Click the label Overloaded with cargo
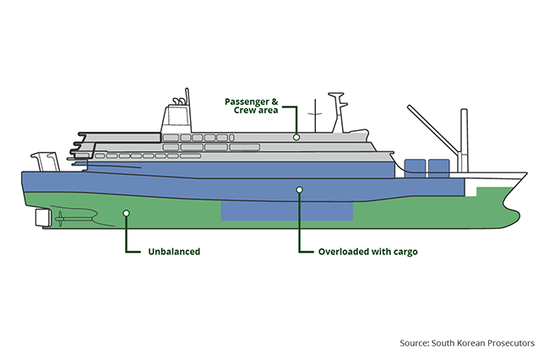point(367,251)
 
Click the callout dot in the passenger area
point(296,135)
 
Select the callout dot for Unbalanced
point(126,213)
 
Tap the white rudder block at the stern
point(41,218)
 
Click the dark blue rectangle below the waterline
point(286,210)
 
